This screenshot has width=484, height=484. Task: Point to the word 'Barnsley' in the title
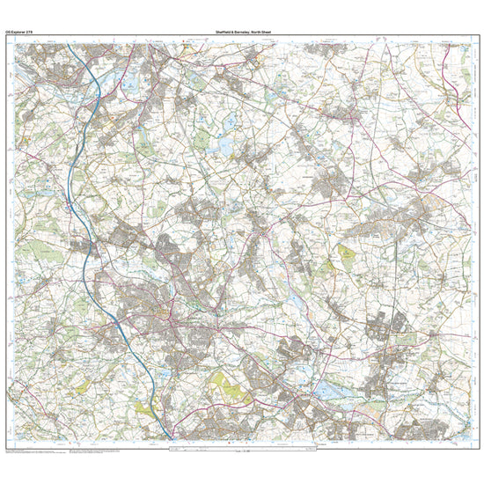click(239, 33)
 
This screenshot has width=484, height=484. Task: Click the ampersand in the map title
click(231, 33)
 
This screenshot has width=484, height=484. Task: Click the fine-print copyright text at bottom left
click(35, 450)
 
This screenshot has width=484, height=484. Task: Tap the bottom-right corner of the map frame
click(468, 440)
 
